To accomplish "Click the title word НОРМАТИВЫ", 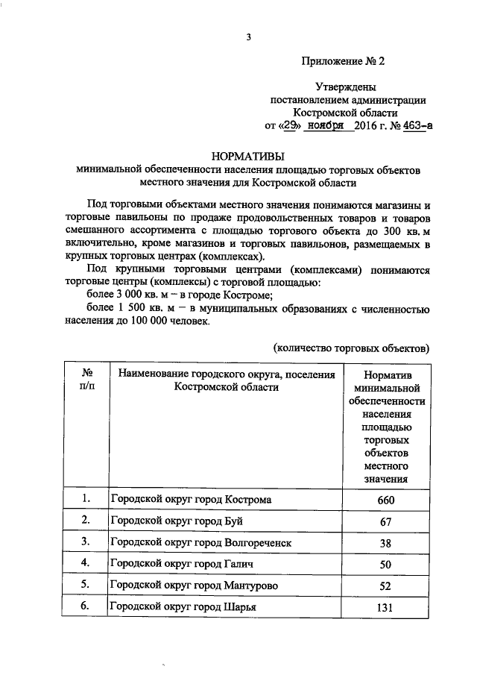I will pyautogui.click(x=247, y=157).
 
